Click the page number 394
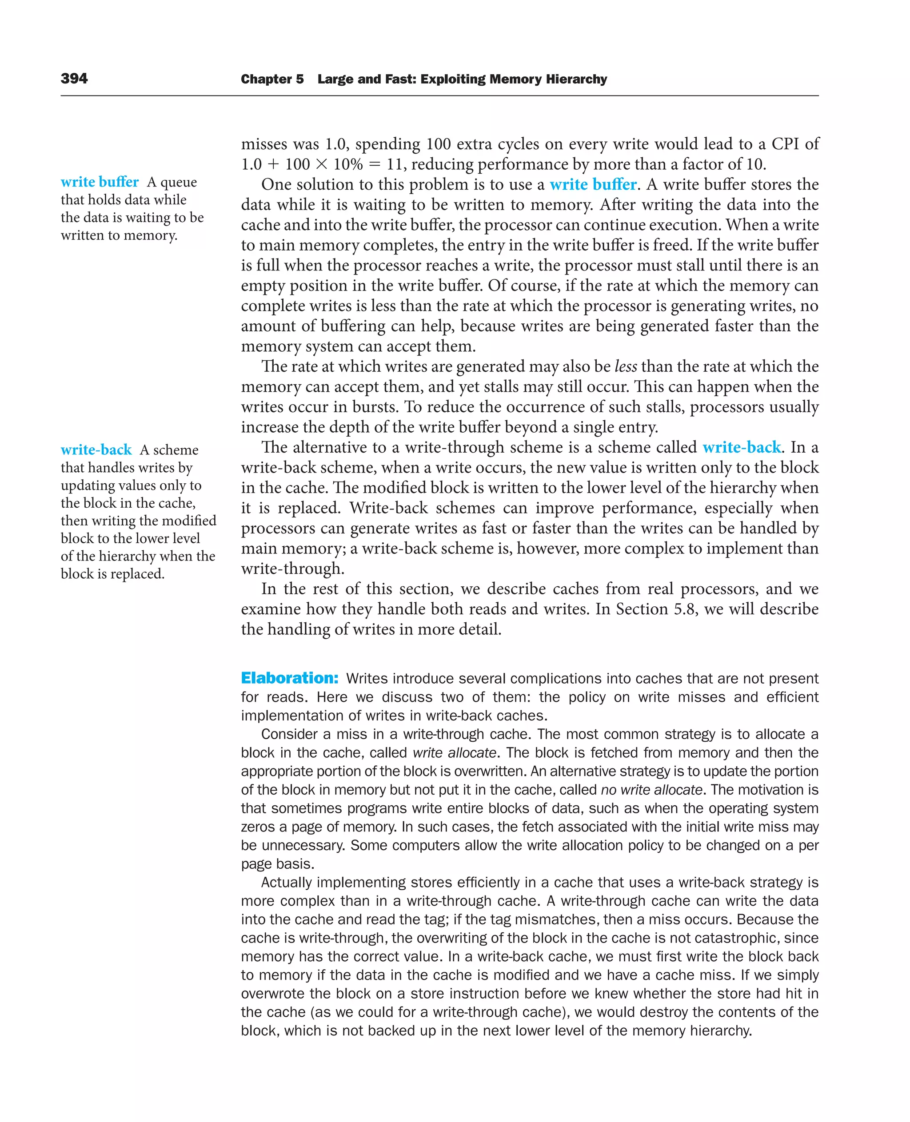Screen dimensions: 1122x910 [74, 79]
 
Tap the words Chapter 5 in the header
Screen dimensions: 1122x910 [272, 79]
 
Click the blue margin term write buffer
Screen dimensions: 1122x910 [100, 182]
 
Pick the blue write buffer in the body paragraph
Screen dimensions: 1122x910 [593, 184]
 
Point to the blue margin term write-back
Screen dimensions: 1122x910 [96, 450]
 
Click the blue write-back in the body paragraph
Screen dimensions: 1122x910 [741, 447]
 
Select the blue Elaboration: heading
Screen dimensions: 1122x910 [289, 678]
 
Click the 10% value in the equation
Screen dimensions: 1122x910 [347, 164]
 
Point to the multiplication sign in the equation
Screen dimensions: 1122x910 [321, 164]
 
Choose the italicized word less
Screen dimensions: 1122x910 [625, 366]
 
